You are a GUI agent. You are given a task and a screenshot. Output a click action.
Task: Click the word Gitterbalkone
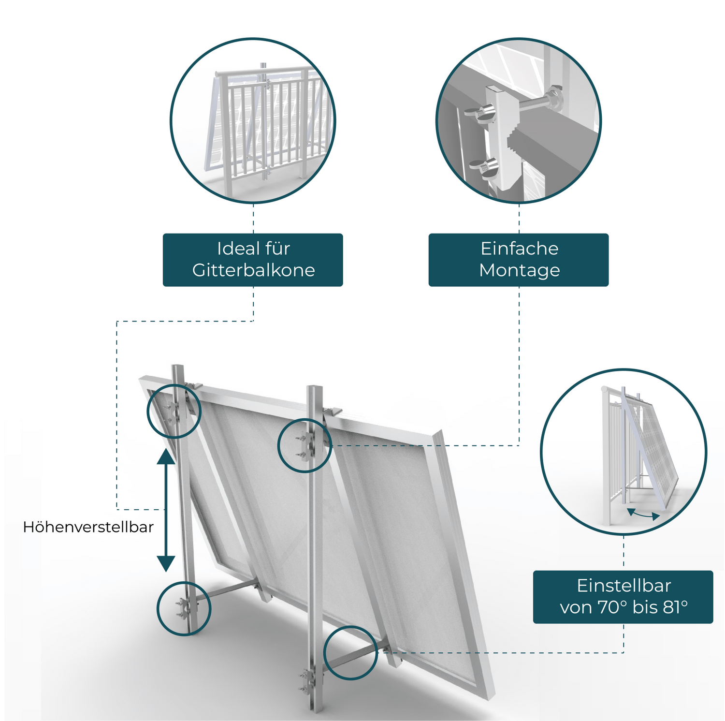(253, 270)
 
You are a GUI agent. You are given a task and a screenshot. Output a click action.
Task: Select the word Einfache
(519, 249)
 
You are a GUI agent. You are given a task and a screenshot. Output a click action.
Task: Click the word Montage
(519, 270)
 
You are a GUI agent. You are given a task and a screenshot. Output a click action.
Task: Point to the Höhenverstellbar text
(88, 527)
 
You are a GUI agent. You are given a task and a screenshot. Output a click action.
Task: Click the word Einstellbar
(623, 586)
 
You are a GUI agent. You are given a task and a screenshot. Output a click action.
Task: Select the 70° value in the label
(612, 607)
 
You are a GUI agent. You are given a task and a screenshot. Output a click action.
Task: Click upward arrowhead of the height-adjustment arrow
(166, 456)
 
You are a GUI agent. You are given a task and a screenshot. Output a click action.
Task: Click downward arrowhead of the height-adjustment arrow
(166, 563)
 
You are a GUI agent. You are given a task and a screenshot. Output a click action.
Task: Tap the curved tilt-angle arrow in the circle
(643, 515)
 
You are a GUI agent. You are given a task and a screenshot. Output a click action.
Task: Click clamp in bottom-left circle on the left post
(184, 608)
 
